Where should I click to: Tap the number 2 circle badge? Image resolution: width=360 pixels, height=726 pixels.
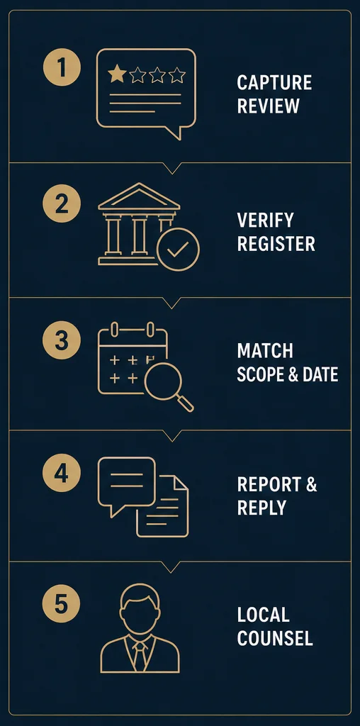(62, 203)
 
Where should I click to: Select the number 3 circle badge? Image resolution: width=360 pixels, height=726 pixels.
(62, 340)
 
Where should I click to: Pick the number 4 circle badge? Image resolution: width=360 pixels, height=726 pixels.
(62, 473)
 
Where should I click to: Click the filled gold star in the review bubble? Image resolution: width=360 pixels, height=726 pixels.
(117, 74)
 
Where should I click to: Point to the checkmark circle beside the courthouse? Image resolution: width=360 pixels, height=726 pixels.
(178, 249)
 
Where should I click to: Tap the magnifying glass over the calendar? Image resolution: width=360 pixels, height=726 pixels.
(166, 384)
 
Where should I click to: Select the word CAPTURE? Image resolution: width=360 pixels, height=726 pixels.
(274, 83)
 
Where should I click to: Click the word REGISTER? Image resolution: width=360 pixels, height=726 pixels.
(276, 244)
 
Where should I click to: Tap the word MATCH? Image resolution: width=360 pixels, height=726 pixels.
(265, 350)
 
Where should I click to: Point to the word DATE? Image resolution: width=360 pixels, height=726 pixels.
(320, 374)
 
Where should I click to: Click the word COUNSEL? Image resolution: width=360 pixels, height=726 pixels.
(275, 639)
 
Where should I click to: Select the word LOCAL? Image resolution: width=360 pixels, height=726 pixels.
(264, 615)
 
